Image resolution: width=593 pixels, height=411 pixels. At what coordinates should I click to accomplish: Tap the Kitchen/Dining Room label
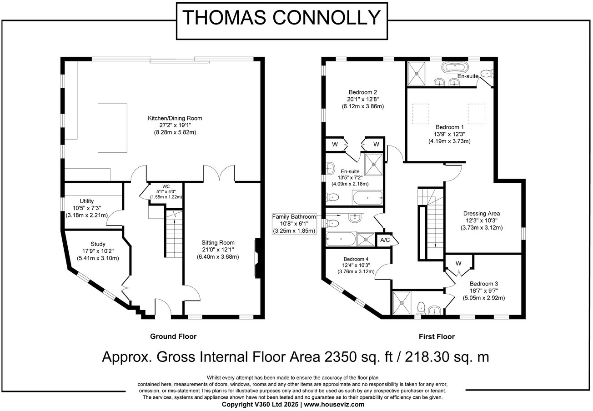click(175, 118)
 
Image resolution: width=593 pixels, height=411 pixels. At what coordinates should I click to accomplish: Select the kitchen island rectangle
click(112, 127)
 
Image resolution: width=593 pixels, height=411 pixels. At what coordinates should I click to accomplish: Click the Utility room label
click(86, 201)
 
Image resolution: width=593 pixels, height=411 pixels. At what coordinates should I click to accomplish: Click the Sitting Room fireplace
click(258, 257)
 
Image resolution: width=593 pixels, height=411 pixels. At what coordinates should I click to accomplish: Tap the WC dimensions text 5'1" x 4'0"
click(166, 192)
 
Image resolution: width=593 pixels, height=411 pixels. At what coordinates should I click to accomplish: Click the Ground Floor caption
click(173, 337)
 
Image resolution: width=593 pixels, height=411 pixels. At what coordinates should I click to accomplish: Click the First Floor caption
click(436, 337)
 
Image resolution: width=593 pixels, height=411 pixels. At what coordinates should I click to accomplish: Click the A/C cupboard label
click(385, 240)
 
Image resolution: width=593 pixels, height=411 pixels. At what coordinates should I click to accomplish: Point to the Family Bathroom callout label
click(294, 217)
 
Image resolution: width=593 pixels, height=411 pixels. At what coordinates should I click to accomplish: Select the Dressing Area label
click(481, 213)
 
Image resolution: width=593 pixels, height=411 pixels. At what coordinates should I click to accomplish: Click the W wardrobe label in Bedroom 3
click(458, 263)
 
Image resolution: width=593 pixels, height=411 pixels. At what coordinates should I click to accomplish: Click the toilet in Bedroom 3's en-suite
click(421, 307)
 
